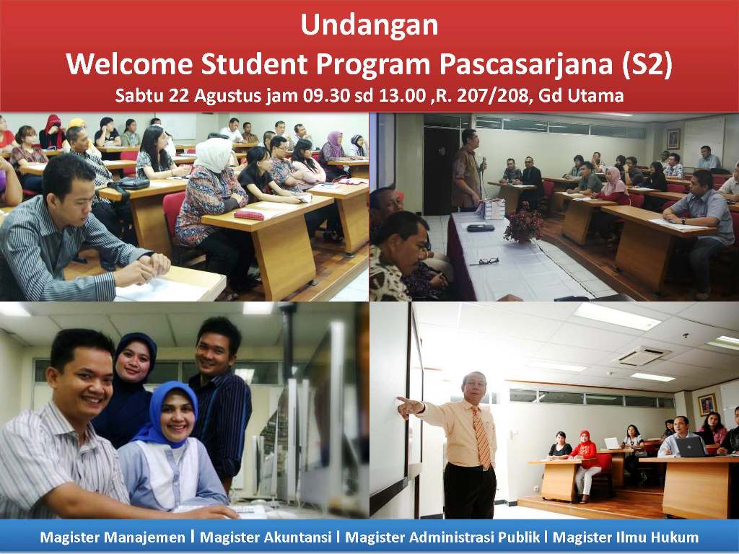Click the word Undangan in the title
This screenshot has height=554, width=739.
click(x=369, y=25)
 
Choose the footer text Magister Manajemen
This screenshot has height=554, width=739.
click(x=113, y=537)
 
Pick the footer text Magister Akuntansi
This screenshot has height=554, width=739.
click(x=266, y=537)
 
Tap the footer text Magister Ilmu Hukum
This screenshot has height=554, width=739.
click(x=626, y=537)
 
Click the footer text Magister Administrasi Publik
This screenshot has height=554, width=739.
click(x=442, y=537)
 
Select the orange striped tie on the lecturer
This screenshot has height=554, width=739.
click(x=481, y=436)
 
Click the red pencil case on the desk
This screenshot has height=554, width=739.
click(x=249, y=215)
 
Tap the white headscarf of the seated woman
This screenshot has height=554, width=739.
click(x=214, y=154)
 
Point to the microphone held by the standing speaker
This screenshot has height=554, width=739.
click(x=484, y=164)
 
